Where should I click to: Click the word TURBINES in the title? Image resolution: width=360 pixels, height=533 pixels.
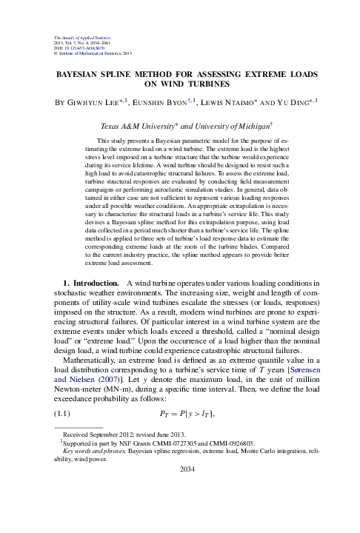[x=195, y=85]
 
